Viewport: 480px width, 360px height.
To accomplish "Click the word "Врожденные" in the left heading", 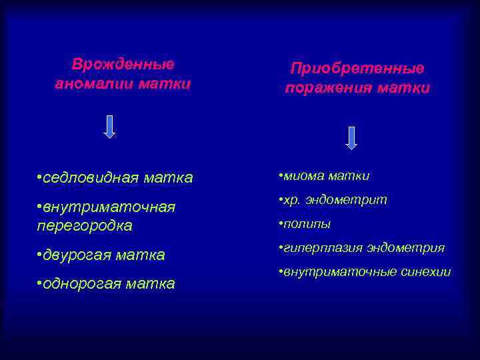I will click(x=123, y=65).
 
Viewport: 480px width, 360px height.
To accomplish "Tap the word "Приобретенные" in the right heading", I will click(x=357, y=69).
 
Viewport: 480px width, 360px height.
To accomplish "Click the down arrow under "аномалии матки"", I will click(x=110, y=127).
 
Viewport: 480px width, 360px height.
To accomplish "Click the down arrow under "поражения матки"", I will click(x=351, y=137).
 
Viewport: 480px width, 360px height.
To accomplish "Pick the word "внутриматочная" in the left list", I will click(x=109, y=207).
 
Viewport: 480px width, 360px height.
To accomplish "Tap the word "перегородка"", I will click(x=85, y=226).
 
